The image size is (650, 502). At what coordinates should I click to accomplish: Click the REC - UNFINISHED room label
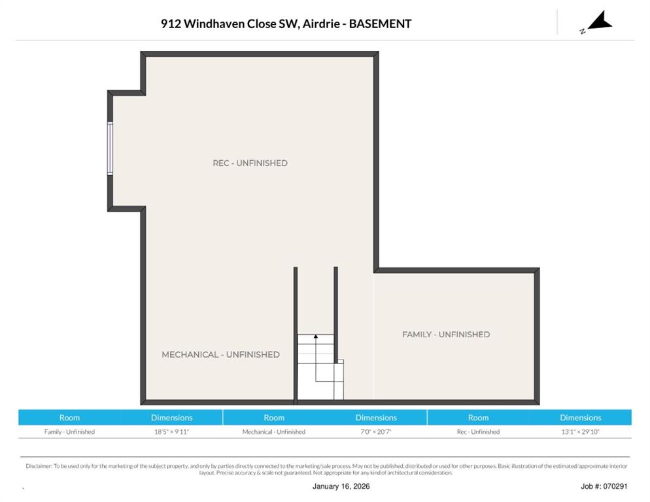point(250,163)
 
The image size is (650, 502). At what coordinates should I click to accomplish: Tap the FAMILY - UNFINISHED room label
point(446,335)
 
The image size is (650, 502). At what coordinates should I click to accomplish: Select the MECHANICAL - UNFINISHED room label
point(220,355)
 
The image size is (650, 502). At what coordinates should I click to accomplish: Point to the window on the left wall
point(110,148)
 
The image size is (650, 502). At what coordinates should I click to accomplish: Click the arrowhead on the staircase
point(316,337)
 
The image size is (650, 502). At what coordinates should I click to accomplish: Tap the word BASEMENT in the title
point(380,24)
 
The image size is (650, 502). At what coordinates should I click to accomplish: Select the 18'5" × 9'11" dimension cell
point(171,432)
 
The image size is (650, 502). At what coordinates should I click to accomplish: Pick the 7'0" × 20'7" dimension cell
point(376,432)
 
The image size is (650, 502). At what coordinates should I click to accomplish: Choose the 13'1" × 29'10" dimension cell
point(581,432)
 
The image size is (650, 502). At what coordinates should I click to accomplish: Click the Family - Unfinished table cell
point(69,432)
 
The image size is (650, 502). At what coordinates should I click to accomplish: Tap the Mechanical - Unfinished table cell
point(274,432)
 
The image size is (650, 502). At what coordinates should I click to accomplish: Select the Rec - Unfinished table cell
point(479,432)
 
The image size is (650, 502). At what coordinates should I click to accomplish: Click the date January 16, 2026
point(341,487)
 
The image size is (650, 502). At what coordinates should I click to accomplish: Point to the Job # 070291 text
point(604,487)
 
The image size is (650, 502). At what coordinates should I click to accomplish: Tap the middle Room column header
point(274,418)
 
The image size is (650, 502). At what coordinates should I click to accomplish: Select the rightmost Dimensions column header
point(581,418)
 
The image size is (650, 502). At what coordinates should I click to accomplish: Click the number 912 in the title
point(171,24)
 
